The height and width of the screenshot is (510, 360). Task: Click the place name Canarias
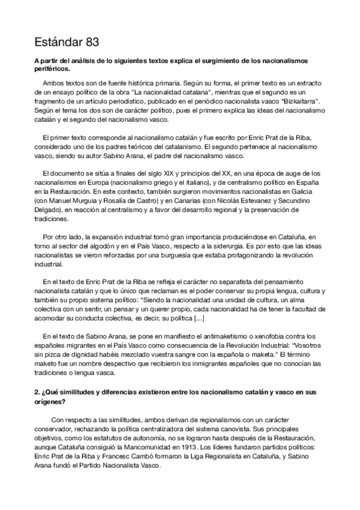(197, 198)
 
